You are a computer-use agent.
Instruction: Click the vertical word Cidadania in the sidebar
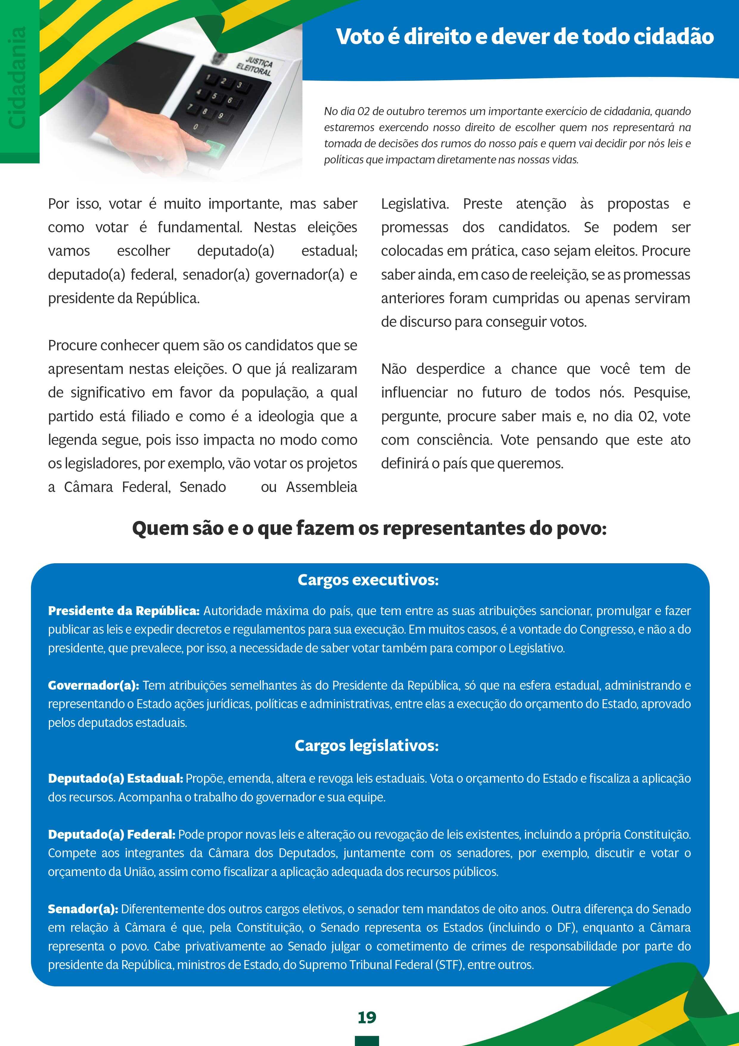coord(18,78)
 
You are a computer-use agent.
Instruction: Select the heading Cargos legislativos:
coord(367,745)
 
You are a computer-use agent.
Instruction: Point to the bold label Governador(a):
coord(93,685)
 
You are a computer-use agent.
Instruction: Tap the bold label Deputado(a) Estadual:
coord(116,779)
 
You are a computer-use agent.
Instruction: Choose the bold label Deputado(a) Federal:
coord(111,835)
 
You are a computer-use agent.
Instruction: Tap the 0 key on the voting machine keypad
coord(196,127)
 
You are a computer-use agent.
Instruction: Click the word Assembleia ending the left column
coord(322,487)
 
